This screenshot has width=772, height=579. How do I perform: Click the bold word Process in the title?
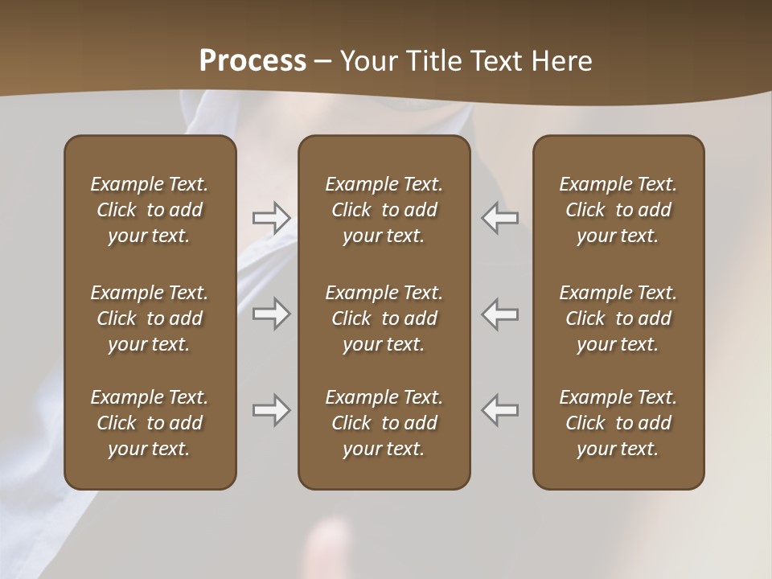253,60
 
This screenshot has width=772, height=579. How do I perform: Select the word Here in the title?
564,60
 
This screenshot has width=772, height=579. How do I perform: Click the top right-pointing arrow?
271,218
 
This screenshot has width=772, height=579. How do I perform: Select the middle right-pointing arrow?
271,314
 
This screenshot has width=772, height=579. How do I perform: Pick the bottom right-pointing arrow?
271,410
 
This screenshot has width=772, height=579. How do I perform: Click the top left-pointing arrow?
499,218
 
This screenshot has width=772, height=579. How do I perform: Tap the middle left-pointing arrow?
499,314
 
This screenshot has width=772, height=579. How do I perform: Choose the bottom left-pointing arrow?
499,410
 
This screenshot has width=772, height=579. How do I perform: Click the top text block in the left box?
150,210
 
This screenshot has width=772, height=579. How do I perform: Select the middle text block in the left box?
150,318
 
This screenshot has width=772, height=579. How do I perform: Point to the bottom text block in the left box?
150,423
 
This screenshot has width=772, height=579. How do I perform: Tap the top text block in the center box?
384,210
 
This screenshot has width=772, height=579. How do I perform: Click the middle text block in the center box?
384,318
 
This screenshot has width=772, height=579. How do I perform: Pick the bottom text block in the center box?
384,423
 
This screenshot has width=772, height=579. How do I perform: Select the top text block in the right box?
618,210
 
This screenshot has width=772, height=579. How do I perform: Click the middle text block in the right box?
618,318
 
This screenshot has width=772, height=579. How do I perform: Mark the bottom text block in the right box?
618,423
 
